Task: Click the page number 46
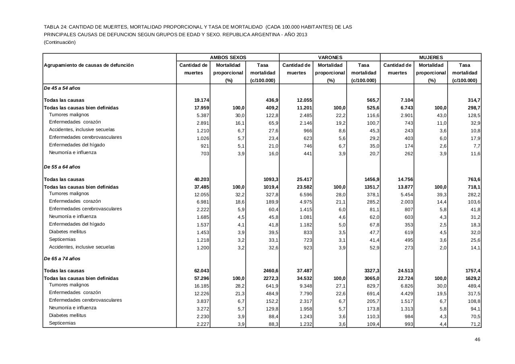tap(477, 339)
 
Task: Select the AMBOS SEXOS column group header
tap(228, 58)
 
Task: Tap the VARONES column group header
tap(330, 58)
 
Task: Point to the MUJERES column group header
tap(431, 58)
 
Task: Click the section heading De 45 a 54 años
tap(62, 88)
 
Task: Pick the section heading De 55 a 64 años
tap(62, 167)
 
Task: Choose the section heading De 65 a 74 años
tap(62, 259)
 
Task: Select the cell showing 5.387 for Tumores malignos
tap(202, 115)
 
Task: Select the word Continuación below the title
tap(60, 42)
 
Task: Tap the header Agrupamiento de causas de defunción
tap(89, 65)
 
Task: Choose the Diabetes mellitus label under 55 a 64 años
tap(68, 232)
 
